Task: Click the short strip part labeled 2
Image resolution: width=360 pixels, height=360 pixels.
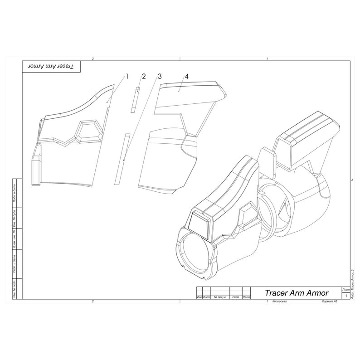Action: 135,99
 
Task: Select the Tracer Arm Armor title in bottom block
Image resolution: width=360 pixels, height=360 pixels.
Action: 297,293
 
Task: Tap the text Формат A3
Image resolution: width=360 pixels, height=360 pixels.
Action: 329,302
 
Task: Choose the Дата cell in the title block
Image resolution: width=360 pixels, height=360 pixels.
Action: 247,297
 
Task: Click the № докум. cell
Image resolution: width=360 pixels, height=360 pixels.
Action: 220,297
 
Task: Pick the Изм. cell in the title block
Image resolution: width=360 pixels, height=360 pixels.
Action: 199,297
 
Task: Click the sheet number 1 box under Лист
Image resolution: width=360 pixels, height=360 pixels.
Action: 346,296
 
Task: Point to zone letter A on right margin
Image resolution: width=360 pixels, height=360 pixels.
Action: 352,180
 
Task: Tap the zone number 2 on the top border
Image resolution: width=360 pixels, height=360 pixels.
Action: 93,58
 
